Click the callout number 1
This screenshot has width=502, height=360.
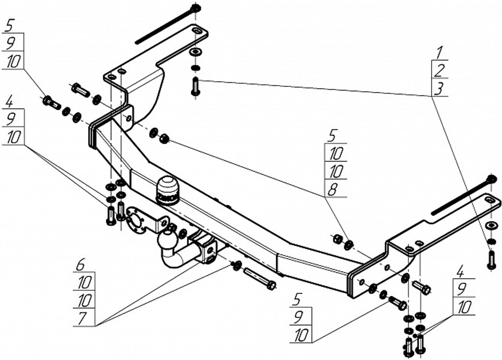[x=440, y=52]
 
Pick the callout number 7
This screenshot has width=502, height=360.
[x=82, y=318]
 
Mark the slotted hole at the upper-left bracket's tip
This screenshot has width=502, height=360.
[x=196, y=31]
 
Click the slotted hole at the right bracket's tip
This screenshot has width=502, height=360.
[x=489, y=199]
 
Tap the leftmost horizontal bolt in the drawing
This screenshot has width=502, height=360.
[x=51, y=102]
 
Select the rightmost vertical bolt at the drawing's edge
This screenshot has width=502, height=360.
[x=491, y=260]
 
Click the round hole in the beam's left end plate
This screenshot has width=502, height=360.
[x=129, y=118]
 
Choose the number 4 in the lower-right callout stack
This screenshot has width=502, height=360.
[x=460, y=273]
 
